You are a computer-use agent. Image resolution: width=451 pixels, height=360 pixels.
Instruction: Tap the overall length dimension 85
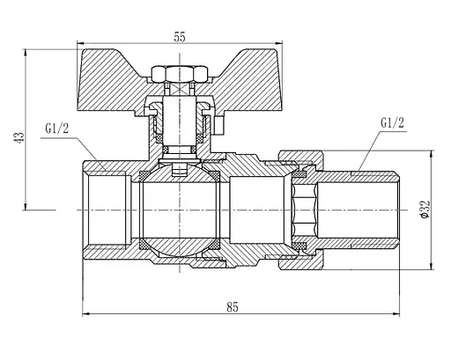(x=232, y=307)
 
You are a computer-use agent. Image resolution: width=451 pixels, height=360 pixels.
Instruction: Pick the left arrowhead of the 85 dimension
(x=85, y=314)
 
